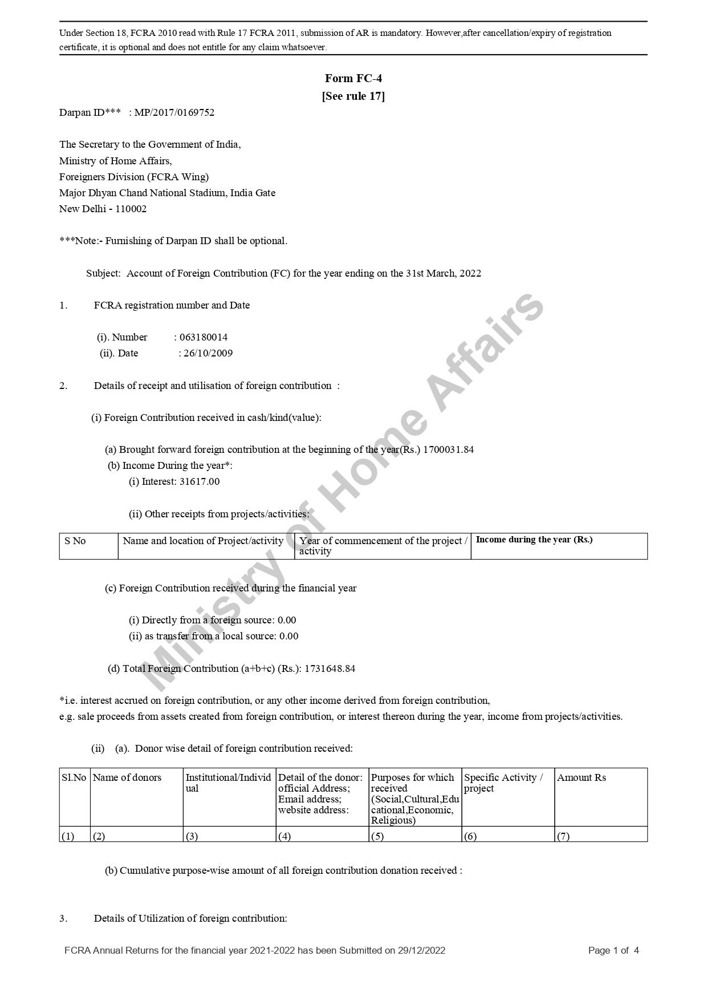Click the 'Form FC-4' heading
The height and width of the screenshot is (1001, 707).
[x=353, y=78]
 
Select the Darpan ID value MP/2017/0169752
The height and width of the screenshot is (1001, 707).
[x=174, y=112]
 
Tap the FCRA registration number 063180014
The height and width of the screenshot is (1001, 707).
[x=204, y=337]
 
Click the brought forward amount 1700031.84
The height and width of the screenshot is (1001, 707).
[x=448, y=449]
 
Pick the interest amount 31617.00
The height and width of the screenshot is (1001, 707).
[x=200, y=481]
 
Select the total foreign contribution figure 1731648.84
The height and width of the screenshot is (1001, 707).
[x=330, y=668]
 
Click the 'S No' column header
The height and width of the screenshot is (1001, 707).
[x=75, y=541]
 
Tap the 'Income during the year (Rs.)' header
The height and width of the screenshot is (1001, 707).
[x=534, y=540]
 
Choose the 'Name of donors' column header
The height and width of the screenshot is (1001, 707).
[x=127, y=777]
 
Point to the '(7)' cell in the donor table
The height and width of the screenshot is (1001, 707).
[x=563, y=836]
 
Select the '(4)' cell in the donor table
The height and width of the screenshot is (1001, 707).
[x=285, y=836]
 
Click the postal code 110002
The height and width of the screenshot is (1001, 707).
[x=131, y=209]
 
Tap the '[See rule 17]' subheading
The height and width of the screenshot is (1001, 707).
[x=353, y=96]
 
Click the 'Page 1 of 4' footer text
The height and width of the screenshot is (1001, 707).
[x=613, y=950]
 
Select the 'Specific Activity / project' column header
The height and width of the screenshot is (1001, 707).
[x=503, y=783]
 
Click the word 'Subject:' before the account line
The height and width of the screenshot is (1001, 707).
[x=103, y=273]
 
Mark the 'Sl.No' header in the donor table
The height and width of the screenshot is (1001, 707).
[x=74, y=777]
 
